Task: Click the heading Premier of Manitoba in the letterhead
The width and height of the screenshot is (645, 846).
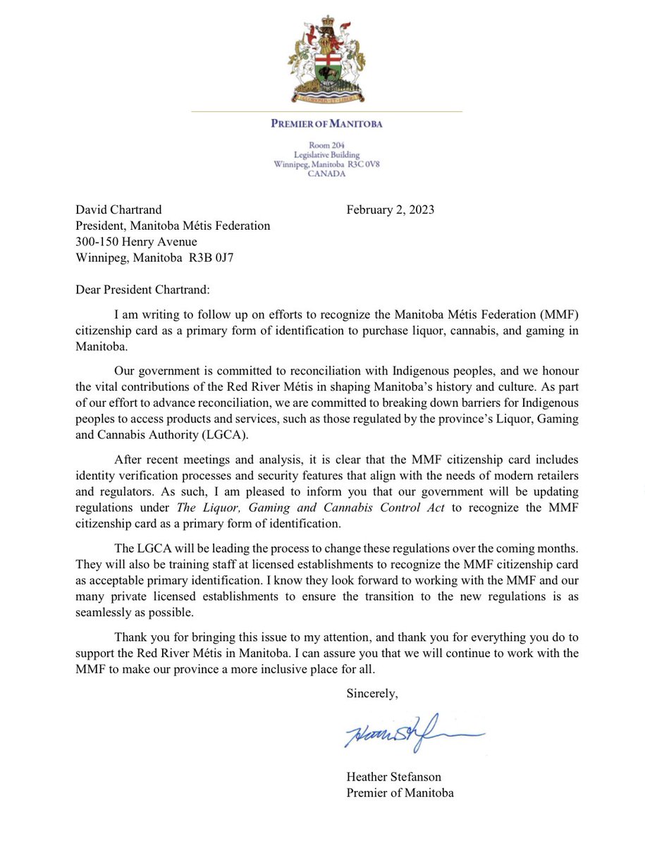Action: [x=326, y=125]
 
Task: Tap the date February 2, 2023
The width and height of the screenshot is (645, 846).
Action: [x=391, y=209]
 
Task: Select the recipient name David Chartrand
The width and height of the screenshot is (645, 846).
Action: [x=118, y=209]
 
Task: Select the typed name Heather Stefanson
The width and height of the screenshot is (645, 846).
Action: [x=395, y=776]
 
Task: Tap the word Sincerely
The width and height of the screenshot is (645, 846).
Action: [x=371, y=693]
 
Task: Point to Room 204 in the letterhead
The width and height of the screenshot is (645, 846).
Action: [x=326, y=145]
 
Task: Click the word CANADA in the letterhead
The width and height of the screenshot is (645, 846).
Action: [x=326, y=174]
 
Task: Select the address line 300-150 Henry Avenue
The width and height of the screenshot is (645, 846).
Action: [x=131, y=242]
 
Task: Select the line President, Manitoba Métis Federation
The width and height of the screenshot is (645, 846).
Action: [x=172, y=226]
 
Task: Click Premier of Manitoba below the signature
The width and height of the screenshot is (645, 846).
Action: [x=400, y=792]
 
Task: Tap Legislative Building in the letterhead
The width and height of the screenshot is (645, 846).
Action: [x=326, y=154]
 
